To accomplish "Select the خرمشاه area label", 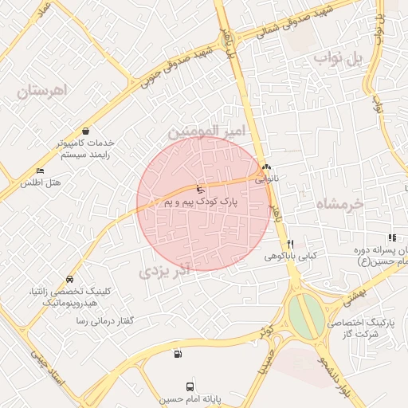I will point(339,203).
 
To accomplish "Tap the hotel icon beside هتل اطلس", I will point(40,171).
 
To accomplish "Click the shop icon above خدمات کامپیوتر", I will point(85,131).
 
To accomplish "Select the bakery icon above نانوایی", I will point(266,168).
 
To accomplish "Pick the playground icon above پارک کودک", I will point(199,190).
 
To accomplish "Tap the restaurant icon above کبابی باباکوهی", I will point(291,244).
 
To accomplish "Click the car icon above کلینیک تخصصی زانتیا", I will point(70,280).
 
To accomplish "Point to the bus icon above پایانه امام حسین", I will point(190,386).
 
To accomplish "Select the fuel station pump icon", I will point(176,354).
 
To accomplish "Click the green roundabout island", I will point(306,316).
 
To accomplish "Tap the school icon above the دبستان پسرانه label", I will point(391,237).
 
